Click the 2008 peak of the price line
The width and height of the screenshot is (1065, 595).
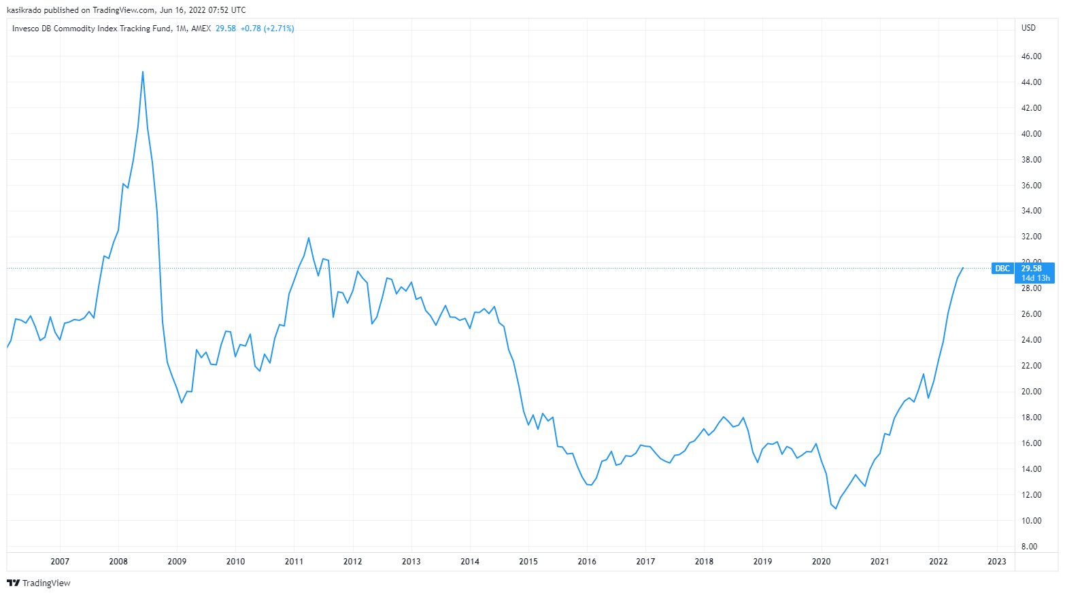pos(142,71)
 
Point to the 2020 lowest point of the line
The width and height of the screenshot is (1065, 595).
pos(836,509)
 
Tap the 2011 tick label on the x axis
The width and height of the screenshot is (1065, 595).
pos(294,561)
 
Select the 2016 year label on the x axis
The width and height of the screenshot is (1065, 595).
pos(587,561)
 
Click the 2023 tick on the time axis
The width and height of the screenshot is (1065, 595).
pos(996,561)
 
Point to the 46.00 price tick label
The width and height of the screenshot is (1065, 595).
pos(1031,56)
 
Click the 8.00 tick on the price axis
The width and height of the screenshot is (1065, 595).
pos(1029,547)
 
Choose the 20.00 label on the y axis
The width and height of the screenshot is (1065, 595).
pos(1031,392)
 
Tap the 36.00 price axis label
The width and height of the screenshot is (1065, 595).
pos(1031,185)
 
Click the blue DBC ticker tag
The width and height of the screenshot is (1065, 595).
pos(1002,269)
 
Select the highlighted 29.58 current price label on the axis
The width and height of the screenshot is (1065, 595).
pos(1031,269)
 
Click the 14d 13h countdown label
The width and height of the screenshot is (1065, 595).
pos(1035,278)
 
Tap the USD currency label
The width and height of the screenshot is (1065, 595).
pos(1028,28)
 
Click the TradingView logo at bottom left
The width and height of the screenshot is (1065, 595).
pos(39,583)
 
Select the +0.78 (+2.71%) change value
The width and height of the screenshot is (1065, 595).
pos(267,29)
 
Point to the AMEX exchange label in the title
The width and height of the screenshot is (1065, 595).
pos(201,29)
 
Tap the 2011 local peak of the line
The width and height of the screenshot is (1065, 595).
pos(309,237)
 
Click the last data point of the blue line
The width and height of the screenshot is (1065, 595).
pos(963,268)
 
